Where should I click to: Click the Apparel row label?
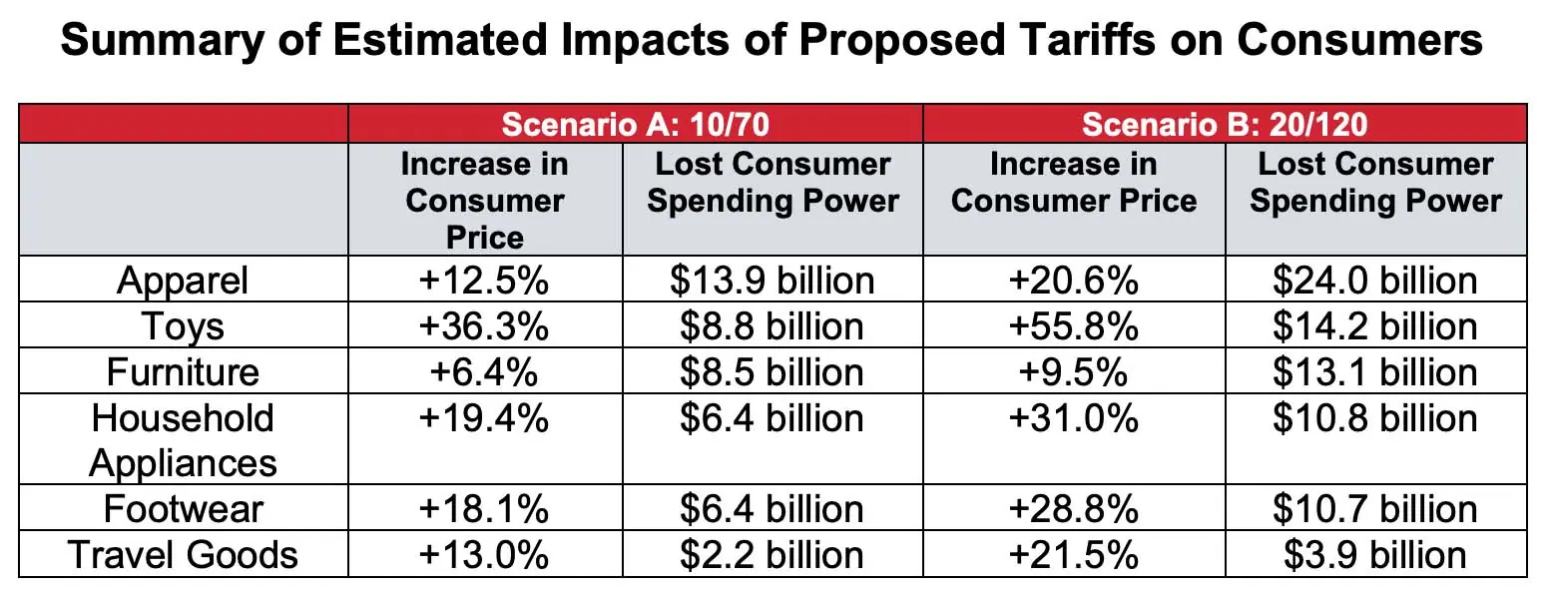click(183, 281)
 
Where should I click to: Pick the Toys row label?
click(183, 326)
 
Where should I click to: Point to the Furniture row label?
click(183, 372)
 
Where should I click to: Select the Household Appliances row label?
click(183, 440)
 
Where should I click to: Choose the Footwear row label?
click(183, 509)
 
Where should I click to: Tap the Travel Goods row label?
click(183, 555)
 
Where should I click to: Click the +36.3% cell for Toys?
click(485, 326)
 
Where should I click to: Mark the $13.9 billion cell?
click(772, 281)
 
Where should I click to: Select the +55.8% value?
click(1074, 326)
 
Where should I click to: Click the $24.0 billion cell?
click(1375, 281)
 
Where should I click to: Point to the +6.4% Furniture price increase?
click(485, 372)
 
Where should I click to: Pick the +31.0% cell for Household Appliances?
click(1074, 418)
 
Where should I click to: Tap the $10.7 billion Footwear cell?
click(1375, 509)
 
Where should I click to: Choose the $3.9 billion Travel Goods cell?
click(1375, 555)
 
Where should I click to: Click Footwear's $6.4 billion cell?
click(772, 509)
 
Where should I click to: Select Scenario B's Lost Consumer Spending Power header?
click(1375, 182)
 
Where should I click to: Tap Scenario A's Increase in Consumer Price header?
click(485, 200)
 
